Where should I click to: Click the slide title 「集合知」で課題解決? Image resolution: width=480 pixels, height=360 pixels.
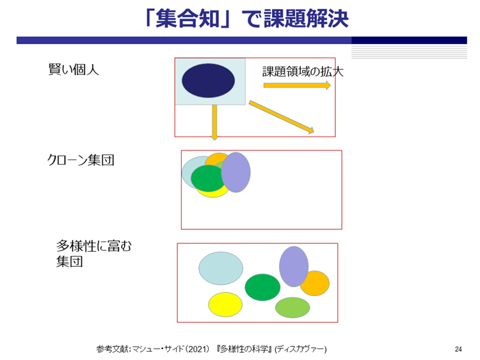pos(247,19)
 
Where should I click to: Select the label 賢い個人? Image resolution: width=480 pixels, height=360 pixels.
pos(74,70)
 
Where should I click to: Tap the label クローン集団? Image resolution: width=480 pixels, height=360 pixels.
pos(81,160)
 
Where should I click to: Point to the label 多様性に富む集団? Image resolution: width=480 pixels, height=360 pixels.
pos(93,254)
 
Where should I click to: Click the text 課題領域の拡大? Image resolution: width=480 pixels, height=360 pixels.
pos(303,72)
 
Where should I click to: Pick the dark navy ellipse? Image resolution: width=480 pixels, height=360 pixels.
pos(208,81)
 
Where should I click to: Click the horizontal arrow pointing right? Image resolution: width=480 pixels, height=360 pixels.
pos(297,85)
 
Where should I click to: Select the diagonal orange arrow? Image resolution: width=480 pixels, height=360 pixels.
pos(282,117)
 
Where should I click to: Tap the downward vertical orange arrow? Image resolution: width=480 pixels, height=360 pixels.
pos(214,122)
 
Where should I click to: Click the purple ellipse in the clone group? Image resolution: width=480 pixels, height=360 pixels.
pos(236,172)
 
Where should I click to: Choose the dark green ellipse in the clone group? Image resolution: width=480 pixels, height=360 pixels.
pos(208,178)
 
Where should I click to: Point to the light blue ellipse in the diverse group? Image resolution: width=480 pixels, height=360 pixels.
pos(221,268)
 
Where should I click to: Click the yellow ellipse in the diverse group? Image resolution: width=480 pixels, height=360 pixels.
pos(225,304)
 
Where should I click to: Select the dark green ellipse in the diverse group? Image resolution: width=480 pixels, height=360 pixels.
pos(262,288)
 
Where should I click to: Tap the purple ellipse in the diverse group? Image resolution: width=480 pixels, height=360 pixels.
pos(294,266)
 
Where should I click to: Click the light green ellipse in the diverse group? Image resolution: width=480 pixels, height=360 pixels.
pos(292,307)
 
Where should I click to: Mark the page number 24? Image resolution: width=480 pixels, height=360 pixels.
pos(458,349)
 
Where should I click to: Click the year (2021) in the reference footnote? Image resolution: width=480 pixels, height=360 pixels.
pos(198,349)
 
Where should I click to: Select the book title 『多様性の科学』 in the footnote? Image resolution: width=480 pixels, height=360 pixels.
pos(244,349)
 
